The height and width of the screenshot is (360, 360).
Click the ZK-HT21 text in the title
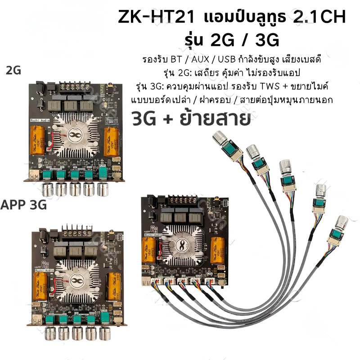[156, 17]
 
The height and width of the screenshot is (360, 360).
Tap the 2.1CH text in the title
[319, 17]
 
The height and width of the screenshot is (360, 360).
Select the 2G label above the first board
[13, 70]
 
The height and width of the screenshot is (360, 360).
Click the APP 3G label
[23, 205]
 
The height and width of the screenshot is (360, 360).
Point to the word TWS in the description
[270, 86]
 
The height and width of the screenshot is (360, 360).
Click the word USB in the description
[227, 59]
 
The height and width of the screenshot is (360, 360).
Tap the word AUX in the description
[200, 59]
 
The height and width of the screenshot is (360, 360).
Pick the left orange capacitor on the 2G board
[37, 140]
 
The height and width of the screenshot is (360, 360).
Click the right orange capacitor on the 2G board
[111, 141]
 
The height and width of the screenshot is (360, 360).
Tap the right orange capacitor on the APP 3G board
[114, 286]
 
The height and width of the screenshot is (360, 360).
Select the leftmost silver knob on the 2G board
[48, 189]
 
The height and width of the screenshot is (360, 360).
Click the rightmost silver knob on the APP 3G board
[105, 333]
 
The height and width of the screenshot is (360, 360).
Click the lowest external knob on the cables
[342, 223]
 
